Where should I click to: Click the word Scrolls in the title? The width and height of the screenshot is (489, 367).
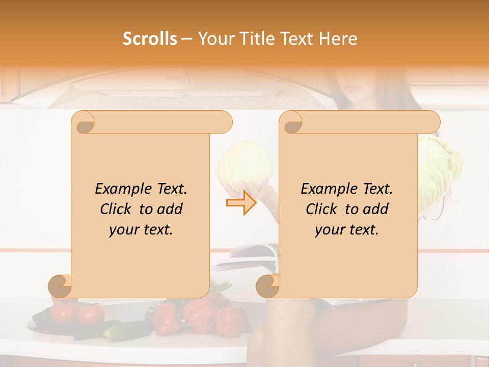[150, 39]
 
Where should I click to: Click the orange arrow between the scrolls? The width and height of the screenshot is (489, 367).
[241, 202]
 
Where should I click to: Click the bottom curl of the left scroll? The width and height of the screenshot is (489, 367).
[60, 286]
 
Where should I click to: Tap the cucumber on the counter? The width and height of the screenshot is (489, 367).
[125, 331]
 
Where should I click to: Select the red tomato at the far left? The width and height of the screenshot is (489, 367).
[64, 312]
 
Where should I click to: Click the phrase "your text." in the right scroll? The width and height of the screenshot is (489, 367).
[347, 229]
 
